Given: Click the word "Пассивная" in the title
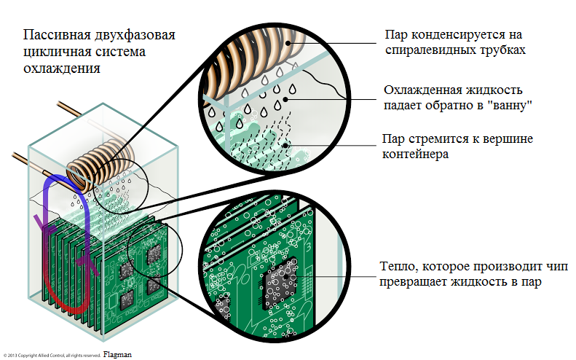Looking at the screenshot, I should click(53, 36).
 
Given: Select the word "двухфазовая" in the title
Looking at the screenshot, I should click(134, 36).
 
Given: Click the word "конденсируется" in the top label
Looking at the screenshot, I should click(459, 35).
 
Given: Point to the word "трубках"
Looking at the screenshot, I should click(500, 51).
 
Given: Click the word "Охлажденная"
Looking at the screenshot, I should click(422, 90).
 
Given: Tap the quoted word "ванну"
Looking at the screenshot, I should click(515, 106).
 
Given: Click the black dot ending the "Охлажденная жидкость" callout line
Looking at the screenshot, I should click(286, 97).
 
